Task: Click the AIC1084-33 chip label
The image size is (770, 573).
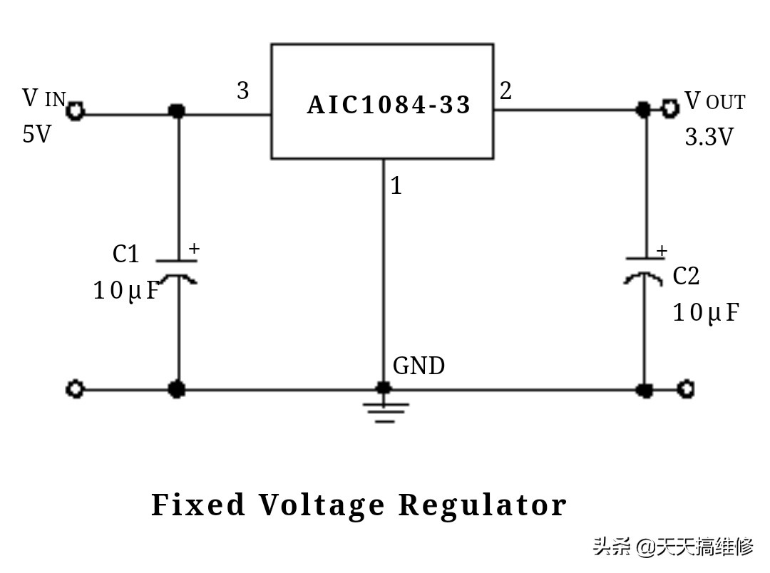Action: (x=389, y=105)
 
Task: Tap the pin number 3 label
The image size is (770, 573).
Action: (x=243, y=91)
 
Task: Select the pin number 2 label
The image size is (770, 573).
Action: (x=505, y=91)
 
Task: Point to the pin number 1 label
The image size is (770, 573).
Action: (x=396, y=186)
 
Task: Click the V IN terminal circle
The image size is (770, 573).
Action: (x=76, y=111)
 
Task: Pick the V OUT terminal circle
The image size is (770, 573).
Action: (x=669, y=108)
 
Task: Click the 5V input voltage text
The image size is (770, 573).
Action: (x=37, y=134)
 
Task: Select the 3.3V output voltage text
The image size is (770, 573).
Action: (x=709, y=137)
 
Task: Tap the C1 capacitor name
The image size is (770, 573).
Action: (x=125, y=254)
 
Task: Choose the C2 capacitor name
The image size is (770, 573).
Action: (x=686, y=277)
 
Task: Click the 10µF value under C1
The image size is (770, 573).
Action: (x=125, y=291)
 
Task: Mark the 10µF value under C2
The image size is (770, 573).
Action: (x=705, y=312)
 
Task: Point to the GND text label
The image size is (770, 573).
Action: (x=419, y=366)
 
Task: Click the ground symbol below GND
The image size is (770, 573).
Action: (x=385, y=411)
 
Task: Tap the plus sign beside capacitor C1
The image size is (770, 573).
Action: (x=194, y=249)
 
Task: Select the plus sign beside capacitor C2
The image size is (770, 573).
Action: (x=662, y=251)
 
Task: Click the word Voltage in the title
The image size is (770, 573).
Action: (x=322, y=505)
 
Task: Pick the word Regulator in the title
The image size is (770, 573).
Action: (x=482, y=505)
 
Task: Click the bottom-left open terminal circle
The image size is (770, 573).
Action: (x=75, y=389)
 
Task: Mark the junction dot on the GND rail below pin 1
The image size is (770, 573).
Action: (x=384, y=388)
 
